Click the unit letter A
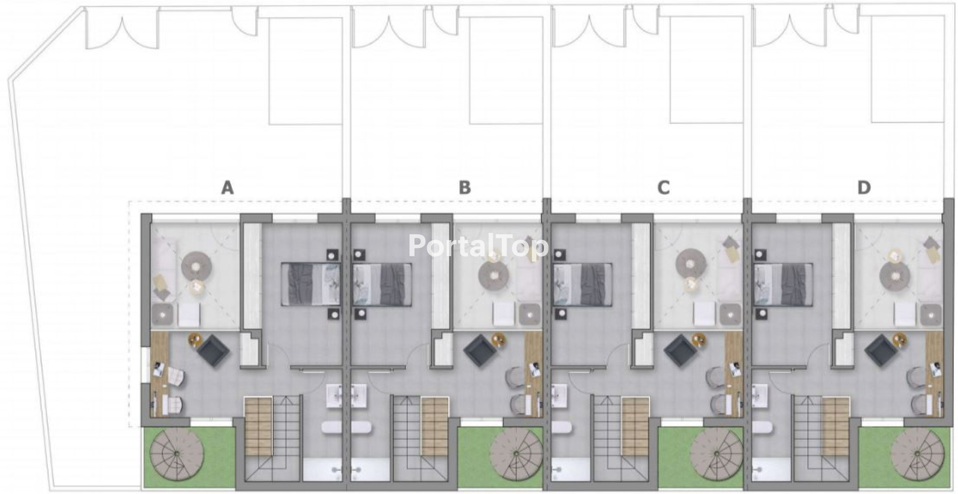point(227,188)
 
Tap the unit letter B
point(464,188)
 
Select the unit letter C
point(663,188)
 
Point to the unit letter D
point(864,188)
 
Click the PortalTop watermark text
point(478,246)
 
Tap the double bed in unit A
point(311,284)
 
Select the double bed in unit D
point(782,284)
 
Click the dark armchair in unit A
point(213,350)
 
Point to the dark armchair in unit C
point(680,350)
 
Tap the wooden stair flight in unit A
point(258,426)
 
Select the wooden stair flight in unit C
point(635,426)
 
